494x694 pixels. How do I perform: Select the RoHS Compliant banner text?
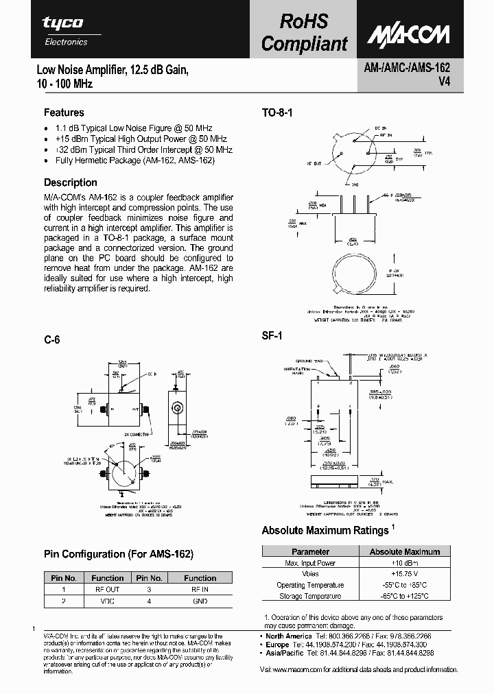click(x=304, y=33)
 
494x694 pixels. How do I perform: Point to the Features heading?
click(x=64, y=112)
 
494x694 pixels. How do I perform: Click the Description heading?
click(x=71, y=182)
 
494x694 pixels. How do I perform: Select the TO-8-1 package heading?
click(x=277, y=112)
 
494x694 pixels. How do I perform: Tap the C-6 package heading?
click(x=51, y=339)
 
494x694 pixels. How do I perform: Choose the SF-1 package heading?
click(x=272, y=336)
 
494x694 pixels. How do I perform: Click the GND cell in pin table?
click(x=200, y=600)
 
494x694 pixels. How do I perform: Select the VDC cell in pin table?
click(x=107, y=600)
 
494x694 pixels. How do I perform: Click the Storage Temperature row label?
click(x=310, y=596)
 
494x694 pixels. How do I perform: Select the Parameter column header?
click(x=310, y=551)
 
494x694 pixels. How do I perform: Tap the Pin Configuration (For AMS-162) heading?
click(x=119, y=553)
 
